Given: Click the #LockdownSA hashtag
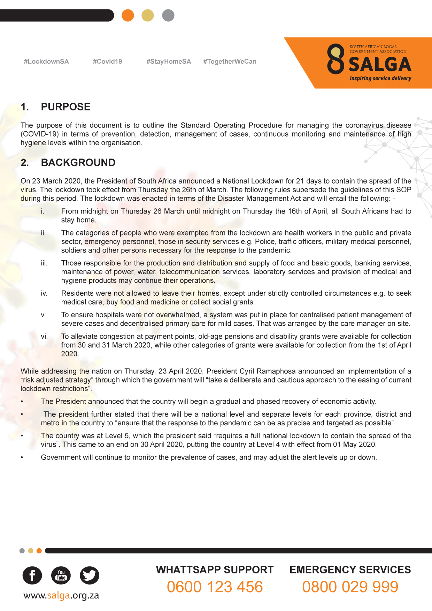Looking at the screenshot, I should tap(46, 62).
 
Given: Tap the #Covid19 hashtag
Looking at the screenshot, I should tap(107, 62).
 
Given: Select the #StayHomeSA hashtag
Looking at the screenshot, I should tap(169, 62).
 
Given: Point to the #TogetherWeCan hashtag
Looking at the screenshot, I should tap(230, 62).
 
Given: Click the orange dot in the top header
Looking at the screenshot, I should tap(128, 15).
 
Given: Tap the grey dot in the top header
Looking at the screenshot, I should tap(168, 15).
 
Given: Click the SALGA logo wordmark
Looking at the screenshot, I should tap(380, 64).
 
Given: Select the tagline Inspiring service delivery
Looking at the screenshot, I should tap(380, 78).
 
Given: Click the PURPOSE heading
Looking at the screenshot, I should tap(65, 107).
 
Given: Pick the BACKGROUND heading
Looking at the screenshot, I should tap(78, 163).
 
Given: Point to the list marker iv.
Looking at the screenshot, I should tap(44, 293).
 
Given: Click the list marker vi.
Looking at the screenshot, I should tap(44, 337).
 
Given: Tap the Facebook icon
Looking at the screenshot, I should tap(32, 575).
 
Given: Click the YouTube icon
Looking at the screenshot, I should tap(61, 575).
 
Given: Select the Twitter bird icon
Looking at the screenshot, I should tap(90, 575).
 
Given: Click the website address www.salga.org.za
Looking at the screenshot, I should tap(61, 595).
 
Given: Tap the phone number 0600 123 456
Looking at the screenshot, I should tap(215, 587).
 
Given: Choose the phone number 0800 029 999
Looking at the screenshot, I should tap(350, 587).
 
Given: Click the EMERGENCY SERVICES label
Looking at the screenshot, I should tap(350, 570).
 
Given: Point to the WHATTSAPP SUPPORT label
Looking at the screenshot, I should tap(215, 570).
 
